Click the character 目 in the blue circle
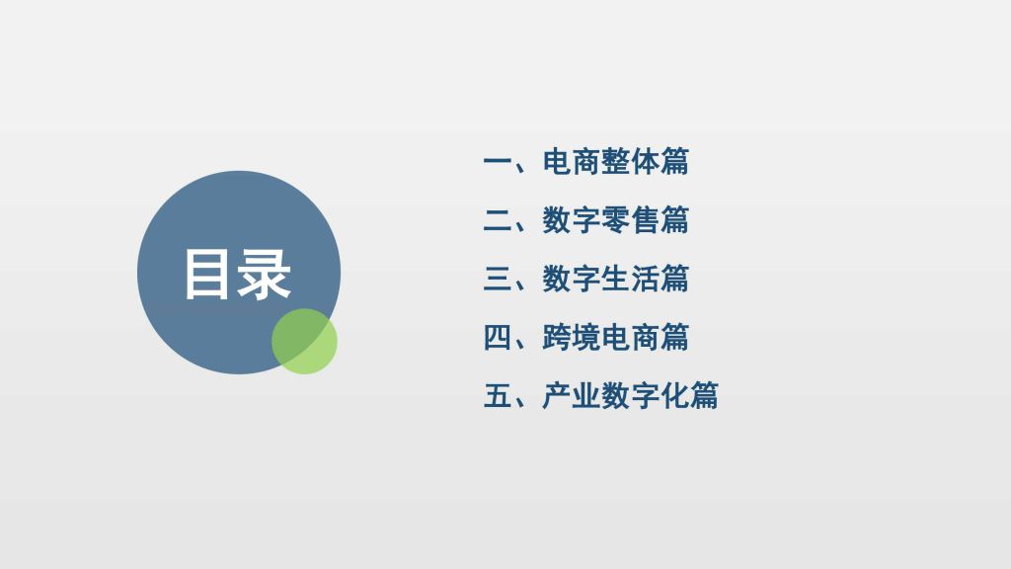coord(207,275)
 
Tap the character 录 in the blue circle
coord(264,275)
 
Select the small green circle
coord(304,341)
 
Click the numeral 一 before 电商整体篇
coord(498,161)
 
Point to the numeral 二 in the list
coord(498,220)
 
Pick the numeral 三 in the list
coord(498,279)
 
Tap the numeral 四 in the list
coord(498,338)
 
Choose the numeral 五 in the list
coord(498,395)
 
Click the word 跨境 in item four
coord(572,338)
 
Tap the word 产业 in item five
coord(572,395)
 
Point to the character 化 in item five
coord(674,395)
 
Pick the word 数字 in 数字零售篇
coord(572,220)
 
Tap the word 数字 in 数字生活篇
coord(572,279)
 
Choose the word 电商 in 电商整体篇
coord(572,161)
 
